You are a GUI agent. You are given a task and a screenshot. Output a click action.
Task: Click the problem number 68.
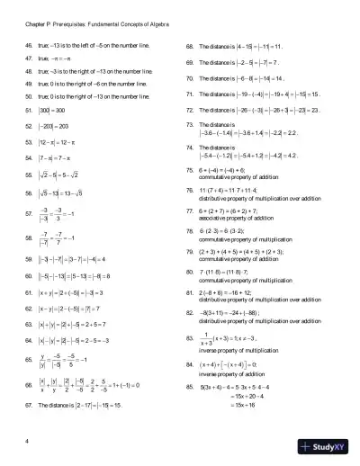[188, 44]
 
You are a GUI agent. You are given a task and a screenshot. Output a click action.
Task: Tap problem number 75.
[188, 169]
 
